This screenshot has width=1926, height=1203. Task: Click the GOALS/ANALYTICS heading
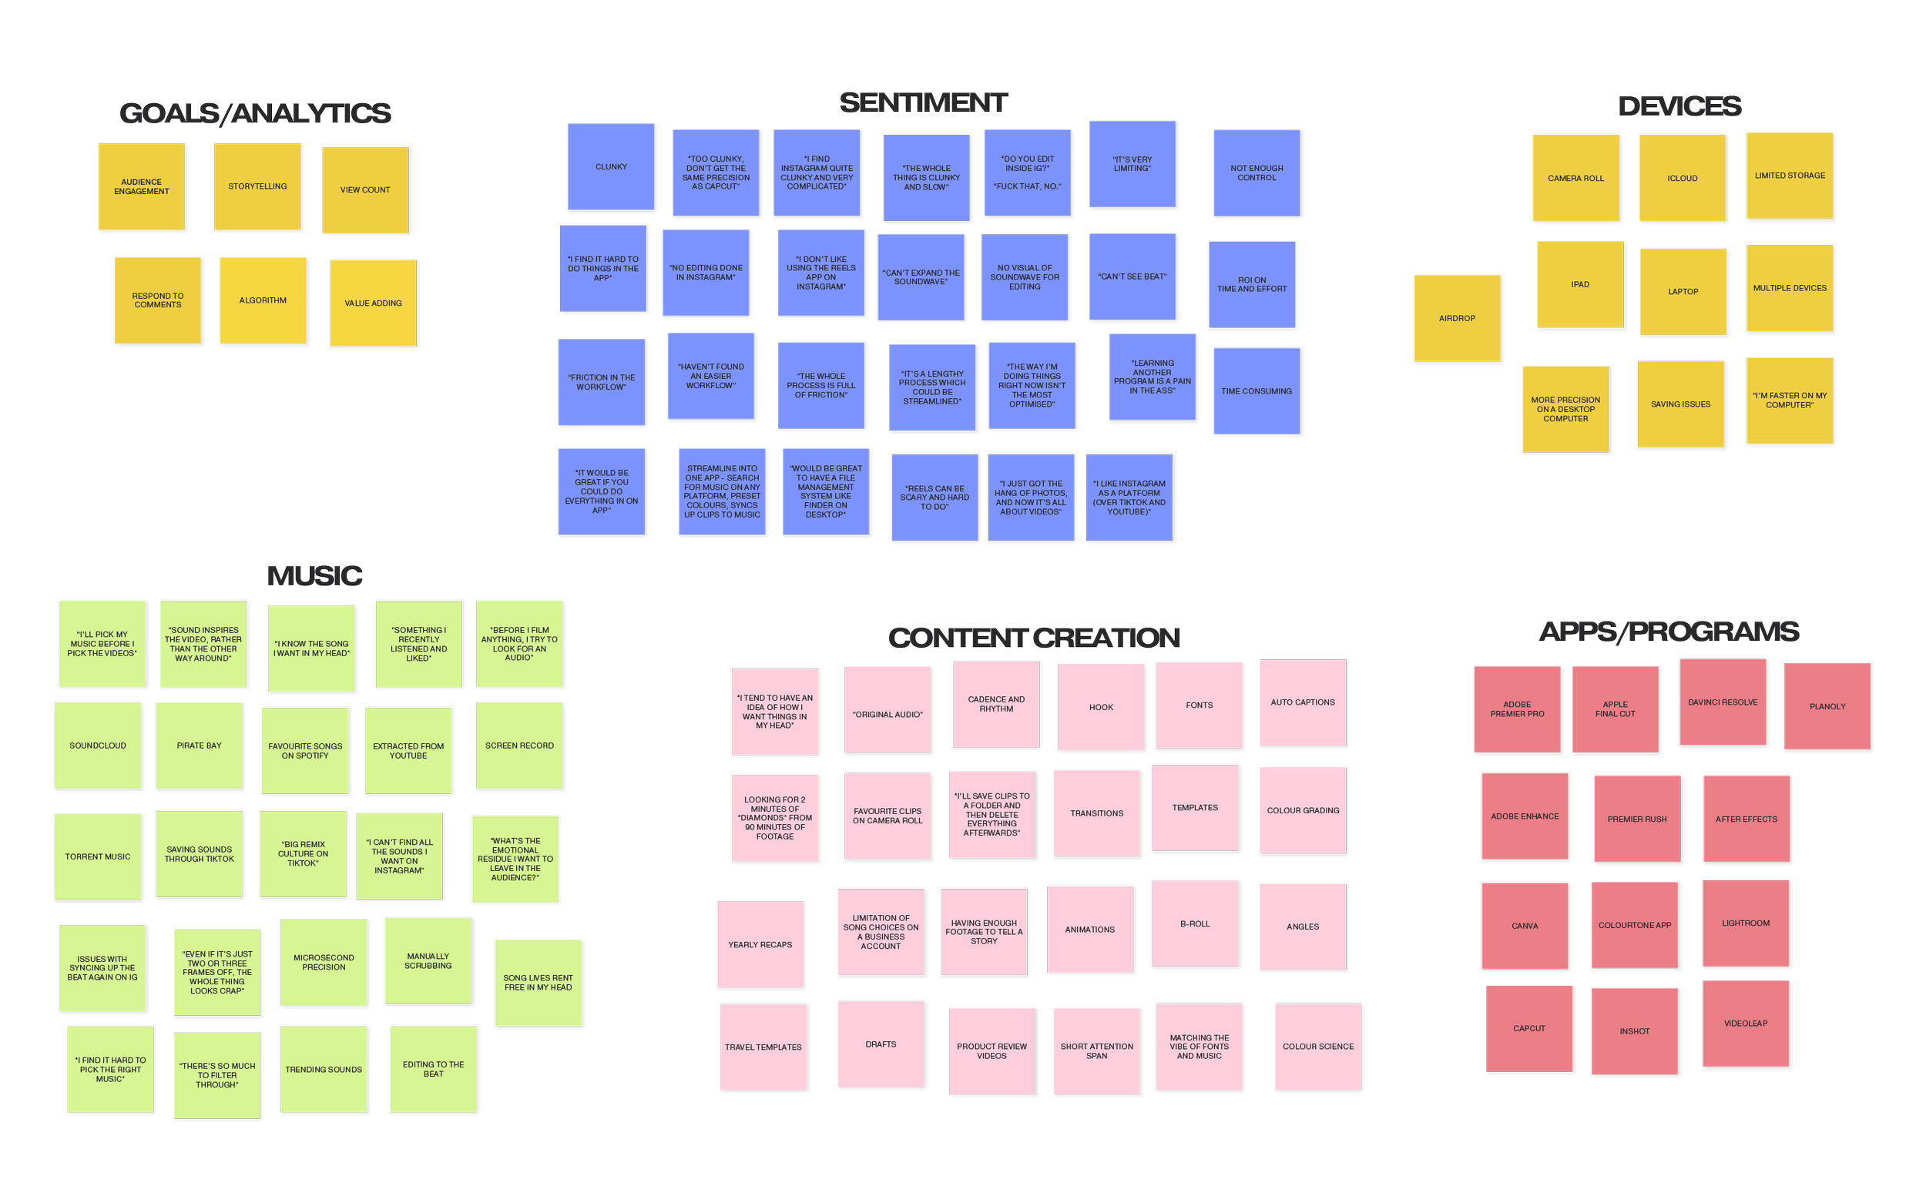click(255, 114)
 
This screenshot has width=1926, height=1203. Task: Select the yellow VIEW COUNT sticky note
click(365, 190)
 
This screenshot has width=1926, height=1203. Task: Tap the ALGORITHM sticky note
click(263, 300)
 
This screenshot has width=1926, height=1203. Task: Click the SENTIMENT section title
click(923, 102)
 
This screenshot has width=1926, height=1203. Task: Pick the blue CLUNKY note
click(611, 167)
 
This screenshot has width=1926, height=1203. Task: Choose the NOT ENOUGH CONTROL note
click(1256, 173)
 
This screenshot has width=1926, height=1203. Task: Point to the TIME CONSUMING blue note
click(1256, 391)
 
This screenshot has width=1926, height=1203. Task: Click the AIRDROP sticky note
click(1456, 318)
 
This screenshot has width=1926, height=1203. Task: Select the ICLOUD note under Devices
click(1682, 178)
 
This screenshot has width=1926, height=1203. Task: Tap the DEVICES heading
click(1679, 106)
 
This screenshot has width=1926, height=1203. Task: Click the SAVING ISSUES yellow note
click(1680, 404)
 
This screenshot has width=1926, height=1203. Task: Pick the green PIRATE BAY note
click(199, 746)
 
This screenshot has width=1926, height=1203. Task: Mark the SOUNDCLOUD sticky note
click(98, 746)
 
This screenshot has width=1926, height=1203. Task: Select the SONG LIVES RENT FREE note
click(538, 983)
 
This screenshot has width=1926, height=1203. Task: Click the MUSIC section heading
click(314, 575)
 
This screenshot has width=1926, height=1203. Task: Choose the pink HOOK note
click(1101, 707)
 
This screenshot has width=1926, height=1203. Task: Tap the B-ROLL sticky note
click(1195, 923)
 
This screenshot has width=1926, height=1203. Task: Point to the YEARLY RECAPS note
click(760, 944)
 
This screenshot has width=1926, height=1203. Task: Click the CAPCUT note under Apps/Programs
click(1529, 1029)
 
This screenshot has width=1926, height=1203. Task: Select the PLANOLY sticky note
click(1827, 706)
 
